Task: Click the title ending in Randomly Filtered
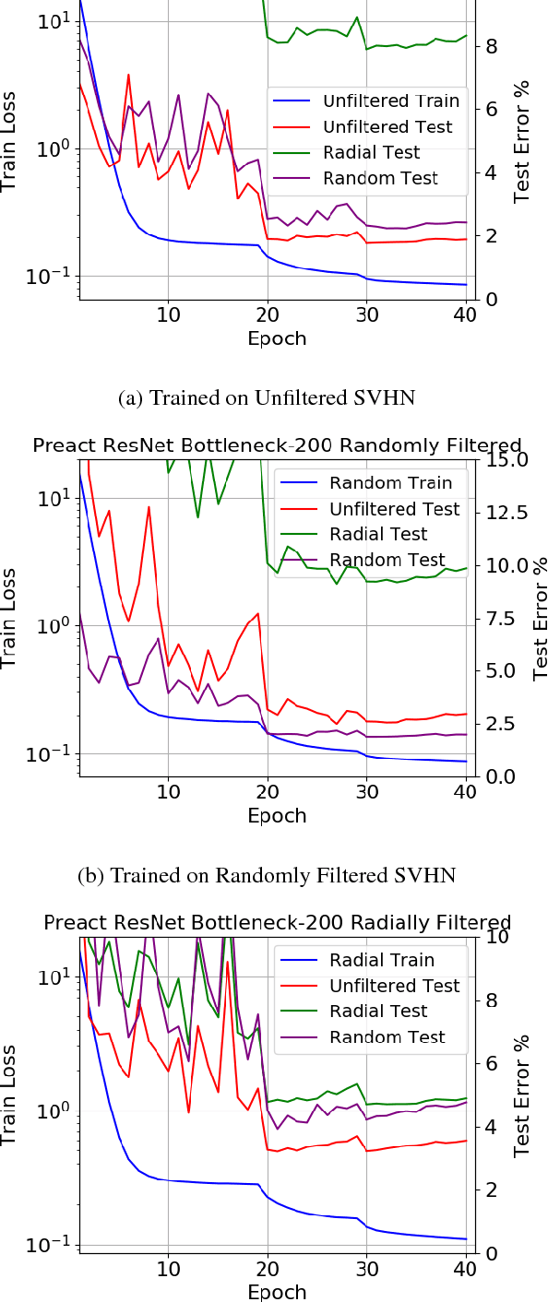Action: point(277,445)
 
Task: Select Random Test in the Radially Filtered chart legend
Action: point(378,1037)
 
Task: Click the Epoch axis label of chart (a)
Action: point(276,338)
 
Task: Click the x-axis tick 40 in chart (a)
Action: point(466,314)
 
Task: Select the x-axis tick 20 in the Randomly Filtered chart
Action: point(268,791)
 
